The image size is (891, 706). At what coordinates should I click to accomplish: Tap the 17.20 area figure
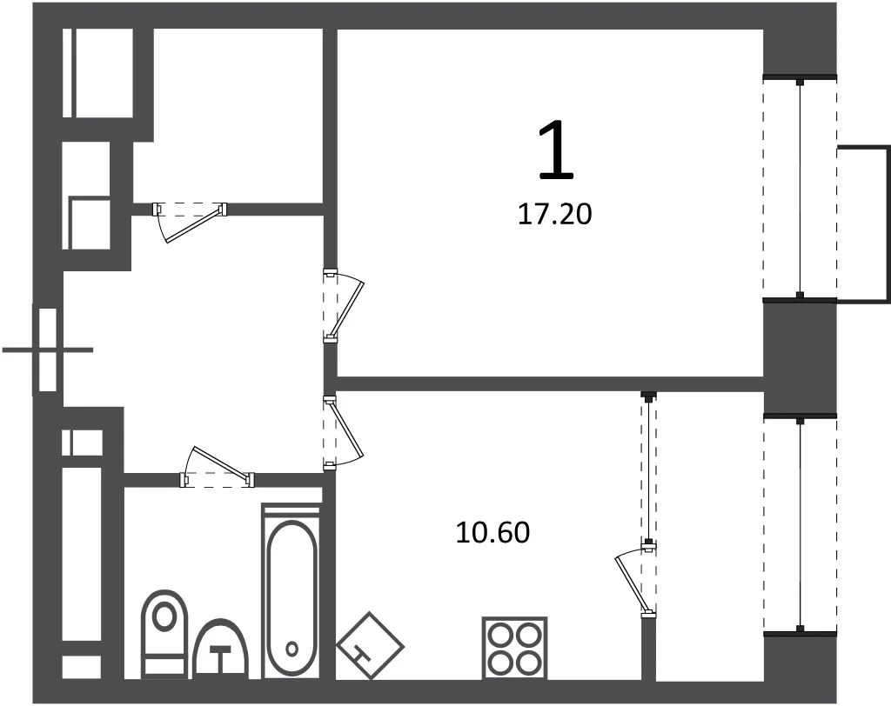(554, 215)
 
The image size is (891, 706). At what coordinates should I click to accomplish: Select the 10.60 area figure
(492, 533)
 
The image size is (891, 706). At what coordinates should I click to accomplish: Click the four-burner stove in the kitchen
(514, 648)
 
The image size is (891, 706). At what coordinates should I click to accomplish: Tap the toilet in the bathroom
(164, 633)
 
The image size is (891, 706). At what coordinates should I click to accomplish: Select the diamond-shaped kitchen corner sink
(370, 646)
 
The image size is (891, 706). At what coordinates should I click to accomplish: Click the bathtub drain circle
(292, 648)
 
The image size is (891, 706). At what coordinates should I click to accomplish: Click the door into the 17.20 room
(343, 305)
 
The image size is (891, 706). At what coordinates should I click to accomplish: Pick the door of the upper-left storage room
(190, 222)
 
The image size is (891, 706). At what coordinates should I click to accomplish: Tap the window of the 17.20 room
(800, 188)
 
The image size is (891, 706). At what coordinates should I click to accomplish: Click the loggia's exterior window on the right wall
(801, 525)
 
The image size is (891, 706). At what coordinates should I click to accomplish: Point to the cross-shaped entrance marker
(48, 350)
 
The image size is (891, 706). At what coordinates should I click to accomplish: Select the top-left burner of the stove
(500, 634)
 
